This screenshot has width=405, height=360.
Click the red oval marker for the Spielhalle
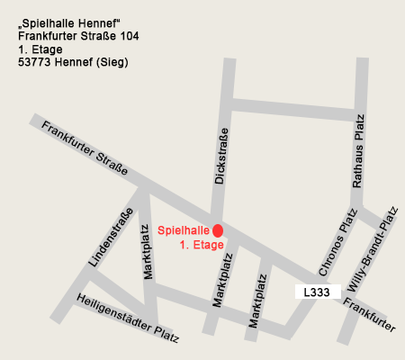tap(218, 231)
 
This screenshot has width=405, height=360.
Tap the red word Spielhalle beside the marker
tap(184, 231)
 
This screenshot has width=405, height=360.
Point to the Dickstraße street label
tap(220, 156)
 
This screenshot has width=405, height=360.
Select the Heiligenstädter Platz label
tap(128, 319)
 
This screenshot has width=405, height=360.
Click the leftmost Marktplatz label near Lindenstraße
tap(149, 252)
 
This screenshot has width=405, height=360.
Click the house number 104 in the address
tap(127, 36)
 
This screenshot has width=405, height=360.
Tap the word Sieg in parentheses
tap(112, 63)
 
